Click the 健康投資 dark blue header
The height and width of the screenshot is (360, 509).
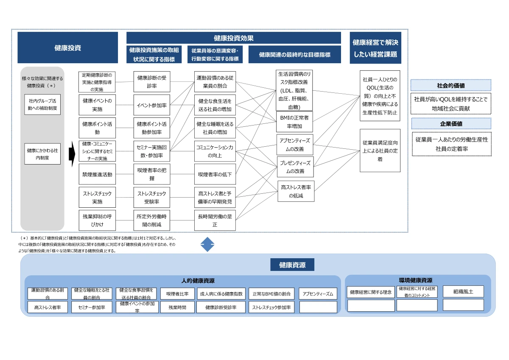[x=67, y=47]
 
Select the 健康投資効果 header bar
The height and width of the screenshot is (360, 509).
[x=234, y=38]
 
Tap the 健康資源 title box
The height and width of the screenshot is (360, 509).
[x=292, y=265]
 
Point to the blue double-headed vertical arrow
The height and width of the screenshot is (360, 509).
[x=207, y=244]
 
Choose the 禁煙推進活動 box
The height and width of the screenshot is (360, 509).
[x=97, y=174]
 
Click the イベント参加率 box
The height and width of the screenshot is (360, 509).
[x=152, y=105]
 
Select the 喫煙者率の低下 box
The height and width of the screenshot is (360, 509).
[x=215, y=174]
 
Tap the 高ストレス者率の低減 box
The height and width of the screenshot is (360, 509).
[x=296, y=191]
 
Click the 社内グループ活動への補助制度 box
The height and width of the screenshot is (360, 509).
[x=42, y=105]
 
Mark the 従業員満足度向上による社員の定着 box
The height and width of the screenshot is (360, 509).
[x=380, y=151]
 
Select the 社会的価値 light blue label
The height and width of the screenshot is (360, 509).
[x=450, y=85]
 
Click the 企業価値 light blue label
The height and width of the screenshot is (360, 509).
[x=450, y=123]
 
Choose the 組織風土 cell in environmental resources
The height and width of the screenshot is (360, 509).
[x=463, y=292]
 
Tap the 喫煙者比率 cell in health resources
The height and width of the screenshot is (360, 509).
[x=177, y=293]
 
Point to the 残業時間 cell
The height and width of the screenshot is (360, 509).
[x=177, y=307]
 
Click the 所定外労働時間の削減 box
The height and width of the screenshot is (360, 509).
[x=152, y=220]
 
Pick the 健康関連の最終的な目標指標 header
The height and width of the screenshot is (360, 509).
[x=294, y=55]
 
